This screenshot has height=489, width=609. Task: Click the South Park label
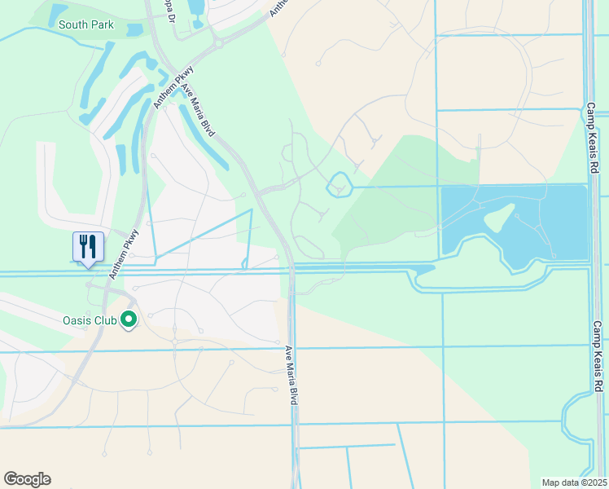(x=86, y=24)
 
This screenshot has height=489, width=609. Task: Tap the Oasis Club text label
(x=90, y=320)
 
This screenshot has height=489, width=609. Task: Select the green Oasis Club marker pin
(x=128, y=320)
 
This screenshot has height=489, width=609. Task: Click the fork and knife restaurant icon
(x=88, y=246)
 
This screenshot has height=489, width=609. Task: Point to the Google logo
(x=27, y=479)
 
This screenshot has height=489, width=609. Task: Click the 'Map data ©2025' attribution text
(x=575, y=482)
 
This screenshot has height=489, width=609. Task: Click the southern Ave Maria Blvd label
(x=291, y=377)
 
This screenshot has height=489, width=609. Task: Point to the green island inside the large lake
(x=497, y=218)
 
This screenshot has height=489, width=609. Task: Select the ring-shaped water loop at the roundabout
(x=339, y=187)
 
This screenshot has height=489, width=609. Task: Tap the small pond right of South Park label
(x=135, y=30)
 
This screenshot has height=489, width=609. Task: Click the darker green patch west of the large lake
(x=391, y=196)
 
